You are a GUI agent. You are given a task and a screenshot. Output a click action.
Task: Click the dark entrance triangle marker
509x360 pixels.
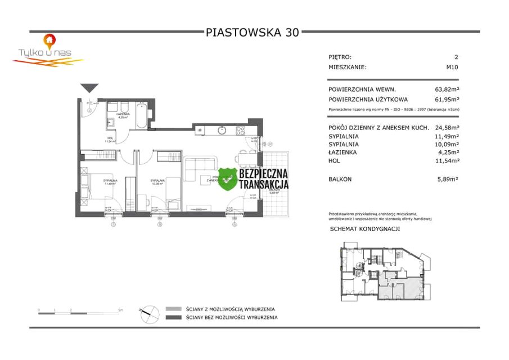pos(89,88)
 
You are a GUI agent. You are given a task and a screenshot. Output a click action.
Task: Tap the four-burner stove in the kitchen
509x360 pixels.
pos(240,131)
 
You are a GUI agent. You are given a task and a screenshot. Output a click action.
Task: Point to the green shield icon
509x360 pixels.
pos(227,178)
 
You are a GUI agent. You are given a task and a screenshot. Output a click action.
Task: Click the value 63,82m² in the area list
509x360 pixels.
pos(447,89)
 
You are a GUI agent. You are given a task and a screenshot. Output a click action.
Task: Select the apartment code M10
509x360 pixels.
pos(452,67)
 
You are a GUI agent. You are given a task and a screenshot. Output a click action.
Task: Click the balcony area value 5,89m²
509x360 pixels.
pos(449,179)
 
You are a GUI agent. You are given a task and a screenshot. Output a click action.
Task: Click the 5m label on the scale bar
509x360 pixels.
pos(120,310)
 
